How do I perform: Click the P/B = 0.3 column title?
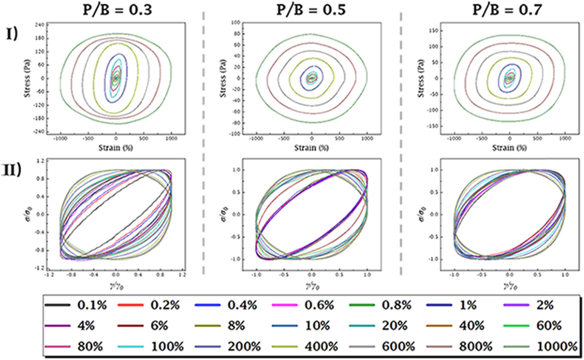pyautogui.click(x=117, y=10)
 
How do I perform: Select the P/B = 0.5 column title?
pyautogui.click(x=311, y=10)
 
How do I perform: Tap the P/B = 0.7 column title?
pyautogui.click(x=507, y=10)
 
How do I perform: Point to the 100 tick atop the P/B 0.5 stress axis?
pyautogui.click(x=236, y=22)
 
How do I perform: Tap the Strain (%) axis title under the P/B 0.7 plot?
pyautogui.click(x=510, y=148)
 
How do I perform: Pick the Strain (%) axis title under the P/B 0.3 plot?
pyautogui.click(x=116, y=148)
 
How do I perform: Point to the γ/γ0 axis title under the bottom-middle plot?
pyautogui.click(x=312, y=287)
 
